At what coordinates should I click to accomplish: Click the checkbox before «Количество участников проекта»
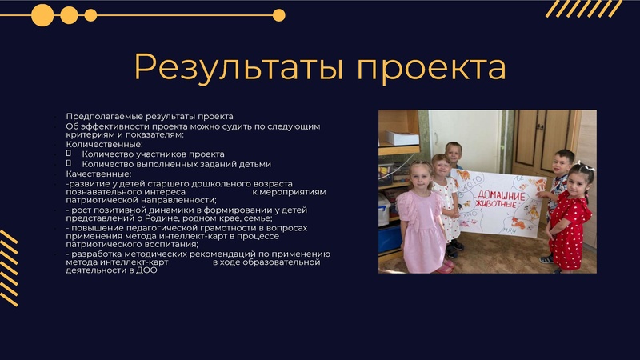click(x=69, y=153)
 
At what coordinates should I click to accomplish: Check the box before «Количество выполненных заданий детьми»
click(x=69, y=163)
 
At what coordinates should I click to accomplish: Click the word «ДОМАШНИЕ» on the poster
click(x=503, y=196)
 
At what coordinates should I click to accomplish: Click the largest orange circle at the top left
click(x=42, y=14)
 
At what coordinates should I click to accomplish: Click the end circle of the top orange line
click(x=278, y=14)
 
